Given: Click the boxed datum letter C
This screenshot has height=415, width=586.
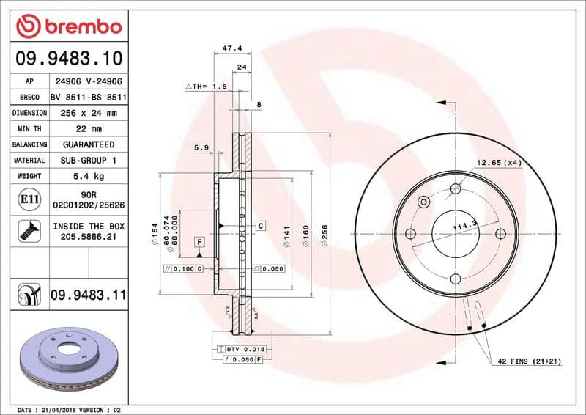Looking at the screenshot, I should pos(260,226).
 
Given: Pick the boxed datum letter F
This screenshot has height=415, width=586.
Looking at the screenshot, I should pos(198,242).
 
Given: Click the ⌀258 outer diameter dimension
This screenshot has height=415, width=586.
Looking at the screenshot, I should pos(323,234).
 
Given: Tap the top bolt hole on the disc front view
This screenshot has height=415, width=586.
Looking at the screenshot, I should pos(456,188).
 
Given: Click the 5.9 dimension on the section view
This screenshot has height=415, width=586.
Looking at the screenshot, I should pos(201,148).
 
